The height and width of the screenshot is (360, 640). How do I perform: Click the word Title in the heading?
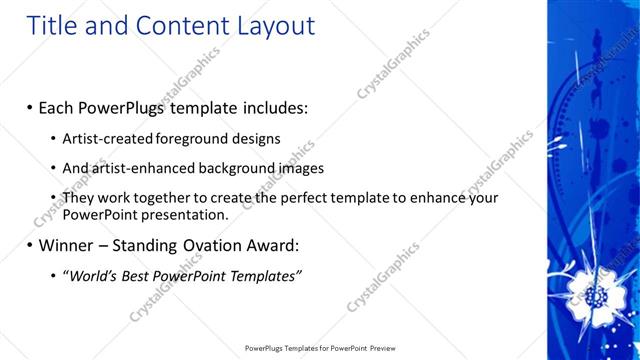click(x=50, y=26)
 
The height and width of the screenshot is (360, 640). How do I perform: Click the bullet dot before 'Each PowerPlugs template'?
click(x=30, y=106)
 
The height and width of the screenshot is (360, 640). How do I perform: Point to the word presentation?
click(x=187, y=214)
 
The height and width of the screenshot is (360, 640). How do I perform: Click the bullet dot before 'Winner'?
click(x=30, y=245)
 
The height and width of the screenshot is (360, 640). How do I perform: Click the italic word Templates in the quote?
click(x=263, y=275)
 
